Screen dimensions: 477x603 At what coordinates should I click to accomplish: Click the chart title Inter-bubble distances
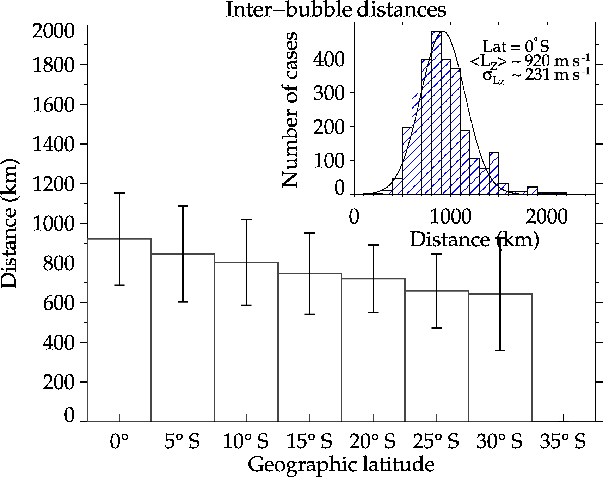[x=336, y=10]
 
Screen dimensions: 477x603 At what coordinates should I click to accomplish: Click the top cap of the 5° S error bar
[x=183, y=206]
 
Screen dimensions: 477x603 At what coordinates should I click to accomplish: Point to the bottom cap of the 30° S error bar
[x=500, y=350]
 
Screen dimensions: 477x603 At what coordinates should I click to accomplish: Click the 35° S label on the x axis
[x=562, y=442]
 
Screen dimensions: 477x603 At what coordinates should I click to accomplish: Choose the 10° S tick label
[x=246, y=442]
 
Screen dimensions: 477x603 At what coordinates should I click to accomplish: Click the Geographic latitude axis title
[x=341, y=465]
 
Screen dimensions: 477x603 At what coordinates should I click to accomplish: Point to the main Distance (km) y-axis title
[x=9, y=223]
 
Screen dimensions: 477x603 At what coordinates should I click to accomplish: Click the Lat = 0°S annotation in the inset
[x=516, y=47]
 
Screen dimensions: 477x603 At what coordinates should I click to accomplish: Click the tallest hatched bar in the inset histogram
[x=436, y=113]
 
